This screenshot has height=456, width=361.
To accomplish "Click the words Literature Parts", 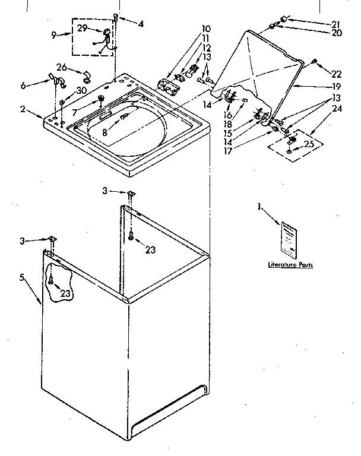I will click(290, 265).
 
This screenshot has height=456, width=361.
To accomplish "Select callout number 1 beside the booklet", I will click(259, 207).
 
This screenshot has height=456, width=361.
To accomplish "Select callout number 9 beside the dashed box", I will click(54, 36).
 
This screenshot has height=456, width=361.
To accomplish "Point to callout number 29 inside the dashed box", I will click(82, 28).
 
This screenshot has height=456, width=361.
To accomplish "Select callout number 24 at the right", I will click(337, 109).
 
